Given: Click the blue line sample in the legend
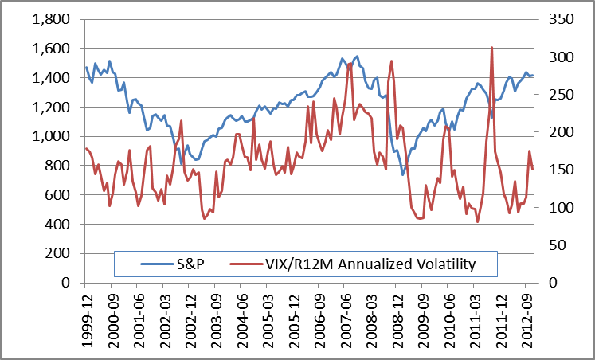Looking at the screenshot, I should (157, 264).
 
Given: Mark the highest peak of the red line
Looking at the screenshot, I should (491, 47).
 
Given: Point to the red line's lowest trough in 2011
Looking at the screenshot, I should (478, 222).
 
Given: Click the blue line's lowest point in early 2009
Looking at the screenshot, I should (403, 174).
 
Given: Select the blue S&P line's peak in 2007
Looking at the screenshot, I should (357, 57).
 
